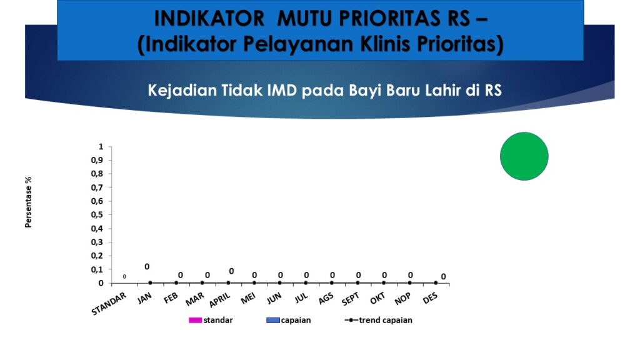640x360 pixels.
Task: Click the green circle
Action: pyautogui.click(x=524, y=156)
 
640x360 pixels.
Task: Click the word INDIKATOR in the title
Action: pyautogui.click(x=209, y=19)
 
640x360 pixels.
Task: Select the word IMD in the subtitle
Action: pyautogui.click(x=282, y=90)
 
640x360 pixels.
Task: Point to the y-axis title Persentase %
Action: pyautogui.click(x=28, y=202)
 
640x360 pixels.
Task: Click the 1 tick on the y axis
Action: pyautogui.click(x=101, y=146)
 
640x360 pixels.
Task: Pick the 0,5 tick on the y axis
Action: pyautogui.click(x=97, y=215)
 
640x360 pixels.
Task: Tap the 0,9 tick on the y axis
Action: pyautogui.click(x=97, y=160)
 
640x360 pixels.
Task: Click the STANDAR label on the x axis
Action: pyautogui.click(x=109, y=304)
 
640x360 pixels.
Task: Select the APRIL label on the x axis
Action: pyautogui.click(x=219, y=300)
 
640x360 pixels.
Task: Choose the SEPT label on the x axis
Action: pyautogui.click(x=350, y=299)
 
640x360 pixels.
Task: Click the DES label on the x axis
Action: pyautogui.click(x=430, y=298)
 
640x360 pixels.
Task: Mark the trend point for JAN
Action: pyautogui.click(x=150, y=283)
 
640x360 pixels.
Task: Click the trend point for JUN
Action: pyautogui.click(x=280, y=283)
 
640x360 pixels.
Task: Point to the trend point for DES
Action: pyautogui.click(x=436, y=283)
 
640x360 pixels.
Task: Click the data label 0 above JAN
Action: pyautogui.click(x=147, y=267)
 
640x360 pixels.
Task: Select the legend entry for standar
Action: pyautogui.click(x=211, y=320)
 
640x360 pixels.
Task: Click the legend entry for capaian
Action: pyautogui.click(x=289, y=320)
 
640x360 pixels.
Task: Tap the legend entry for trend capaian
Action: pyautogui.click(x=378, y=320)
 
